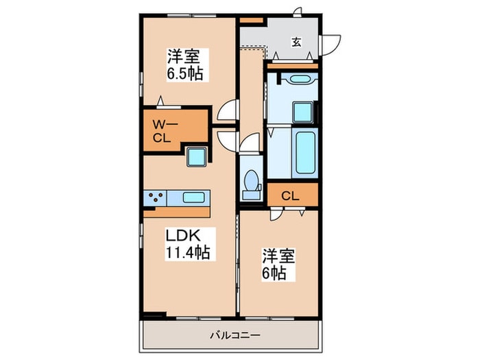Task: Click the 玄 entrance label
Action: pos(296,42)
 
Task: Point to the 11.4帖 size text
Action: pos(187,253)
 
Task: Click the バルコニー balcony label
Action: pos(231,336)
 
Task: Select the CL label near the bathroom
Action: pos(290,196)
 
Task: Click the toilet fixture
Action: pos(252,182)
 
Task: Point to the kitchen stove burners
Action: pos(154,197)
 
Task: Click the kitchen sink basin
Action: pos(193,197)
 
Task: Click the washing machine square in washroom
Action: pos(302,111)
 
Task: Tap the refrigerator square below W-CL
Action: pos(197,157)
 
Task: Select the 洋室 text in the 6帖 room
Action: pos(278,256)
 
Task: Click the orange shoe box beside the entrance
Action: pos(252,21)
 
